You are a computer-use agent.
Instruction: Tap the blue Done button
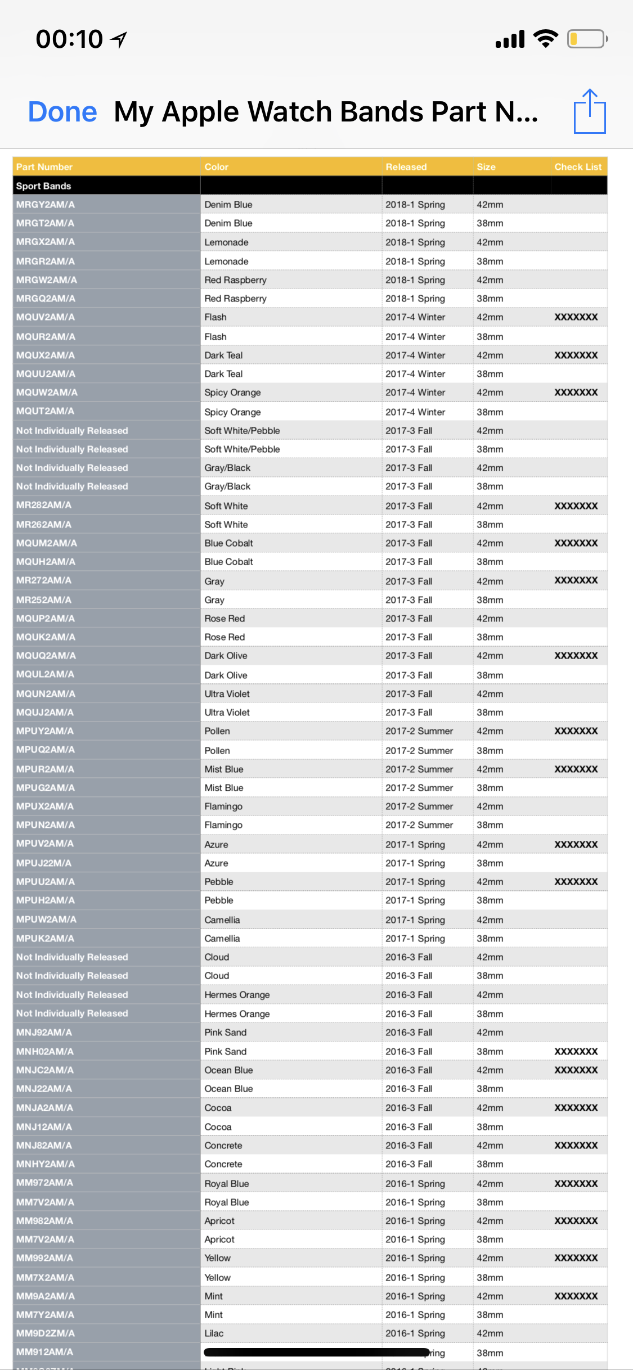[62, 111]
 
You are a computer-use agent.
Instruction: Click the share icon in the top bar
[590, 111]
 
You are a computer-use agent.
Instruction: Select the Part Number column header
[44, 166]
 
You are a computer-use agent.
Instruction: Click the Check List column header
[578, 166]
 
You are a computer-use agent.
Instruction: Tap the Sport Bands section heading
[44, 186]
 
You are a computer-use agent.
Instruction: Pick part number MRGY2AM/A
[46, 204]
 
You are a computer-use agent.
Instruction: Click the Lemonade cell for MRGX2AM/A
[226, 242]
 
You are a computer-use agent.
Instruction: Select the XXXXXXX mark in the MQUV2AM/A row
[576, 317]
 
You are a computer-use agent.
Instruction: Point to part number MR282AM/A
[44, 505]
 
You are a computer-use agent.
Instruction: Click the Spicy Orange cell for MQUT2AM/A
[232, 412]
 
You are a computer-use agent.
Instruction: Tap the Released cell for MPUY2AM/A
[419, 731]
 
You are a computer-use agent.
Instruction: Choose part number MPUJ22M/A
[44, 863]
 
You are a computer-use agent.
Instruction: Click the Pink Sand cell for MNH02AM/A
[226, 1051]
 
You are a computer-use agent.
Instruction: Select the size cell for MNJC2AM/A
[490, 1070]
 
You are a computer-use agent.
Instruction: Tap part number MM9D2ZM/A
[46, 1333]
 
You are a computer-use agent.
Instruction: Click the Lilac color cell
[214, 1333]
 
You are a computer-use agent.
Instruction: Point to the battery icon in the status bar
[587, 39]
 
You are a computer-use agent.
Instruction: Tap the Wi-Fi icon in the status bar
[545, 39]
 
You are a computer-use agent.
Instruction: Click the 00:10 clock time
[69, 39]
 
